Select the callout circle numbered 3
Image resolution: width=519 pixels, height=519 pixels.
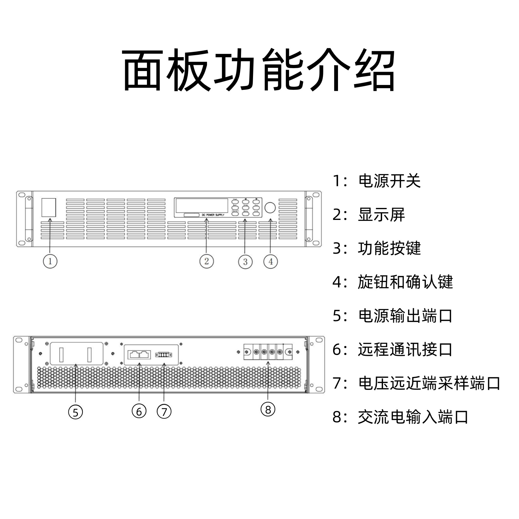245,261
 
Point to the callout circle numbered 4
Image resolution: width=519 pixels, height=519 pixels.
271,261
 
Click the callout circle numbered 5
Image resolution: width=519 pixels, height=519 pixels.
76,412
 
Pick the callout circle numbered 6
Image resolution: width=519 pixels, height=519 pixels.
139,412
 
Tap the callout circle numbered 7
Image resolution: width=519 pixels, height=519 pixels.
164,412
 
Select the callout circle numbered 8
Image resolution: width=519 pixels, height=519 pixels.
268,410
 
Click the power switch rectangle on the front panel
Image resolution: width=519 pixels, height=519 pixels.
49,208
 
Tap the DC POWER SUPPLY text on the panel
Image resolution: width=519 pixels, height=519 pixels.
213,215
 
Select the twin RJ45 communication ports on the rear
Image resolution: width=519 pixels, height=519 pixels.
140,355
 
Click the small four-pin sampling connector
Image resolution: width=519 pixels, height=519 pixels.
163,355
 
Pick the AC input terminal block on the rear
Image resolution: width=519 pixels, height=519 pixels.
268,352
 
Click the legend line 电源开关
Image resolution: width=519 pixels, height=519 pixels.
376,181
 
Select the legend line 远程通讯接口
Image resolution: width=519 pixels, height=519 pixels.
392,350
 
